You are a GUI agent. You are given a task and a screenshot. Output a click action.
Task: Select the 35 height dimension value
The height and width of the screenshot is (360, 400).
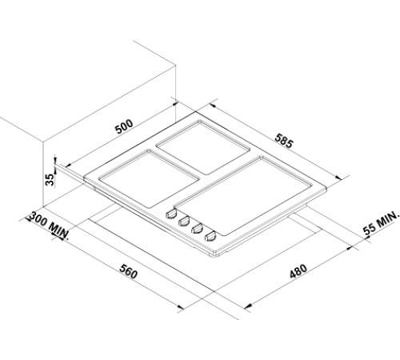49,178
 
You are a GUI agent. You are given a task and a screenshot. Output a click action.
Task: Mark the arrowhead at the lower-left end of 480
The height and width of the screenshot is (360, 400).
247,307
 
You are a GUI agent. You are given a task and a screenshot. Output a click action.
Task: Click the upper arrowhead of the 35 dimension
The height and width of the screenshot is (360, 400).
54,158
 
